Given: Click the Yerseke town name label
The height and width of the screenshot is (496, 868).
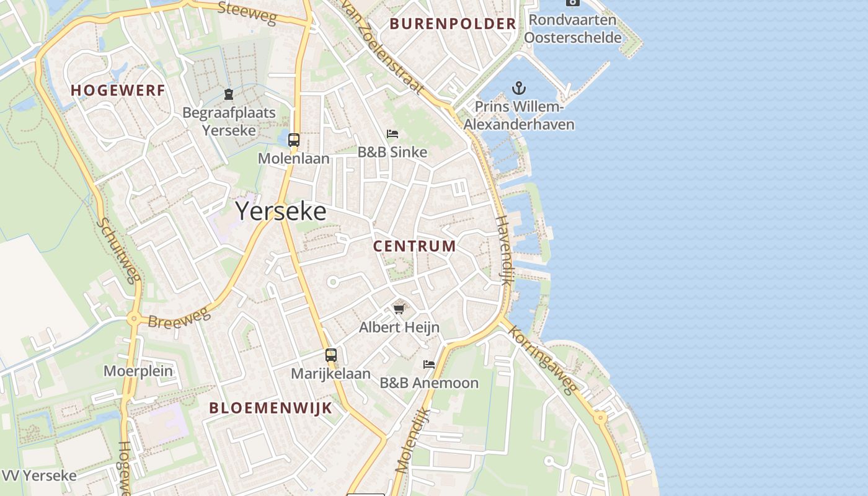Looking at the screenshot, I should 281,211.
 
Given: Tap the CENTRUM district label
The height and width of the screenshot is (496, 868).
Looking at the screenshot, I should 414,246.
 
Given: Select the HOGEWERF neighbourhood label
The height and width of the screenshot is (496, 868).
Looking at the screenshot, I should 118,91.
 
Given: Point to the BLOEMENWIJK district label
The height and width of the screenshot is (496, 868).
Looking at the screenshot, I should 270,408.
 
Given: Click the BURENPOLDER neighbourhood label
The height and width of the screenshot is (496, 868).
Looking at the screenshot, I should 453,24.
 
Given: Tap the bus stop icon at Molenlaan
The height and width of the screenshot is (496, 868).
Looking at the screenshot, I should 294,140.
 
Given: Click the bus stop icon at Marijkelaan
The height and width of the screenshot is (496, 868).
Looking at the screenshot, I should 331,355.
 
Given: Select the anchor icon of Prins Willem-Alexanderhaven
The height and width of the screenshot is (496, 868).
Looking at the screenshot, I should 518,88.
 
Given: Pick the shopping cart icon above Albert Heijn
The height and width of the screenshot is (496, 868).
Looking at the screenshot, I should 399,308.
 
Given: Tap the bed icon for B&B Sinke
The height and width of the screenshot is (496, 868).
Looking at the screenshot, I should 392,134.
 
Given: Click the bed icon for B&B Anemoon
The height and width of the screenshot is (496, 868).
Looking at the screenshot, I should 428,364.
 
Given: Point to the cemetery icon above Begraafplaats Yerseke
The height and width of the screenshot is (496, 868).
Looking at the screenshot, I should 229,94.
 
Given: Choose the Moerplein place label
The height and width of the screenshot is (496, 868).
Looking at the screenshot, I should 138,371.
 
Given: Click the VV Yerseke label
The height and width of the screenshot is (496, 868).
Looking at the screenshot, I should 40,476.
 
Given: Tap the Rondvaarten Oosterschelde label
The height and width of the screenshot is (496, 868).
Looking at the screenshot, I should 572,29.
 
